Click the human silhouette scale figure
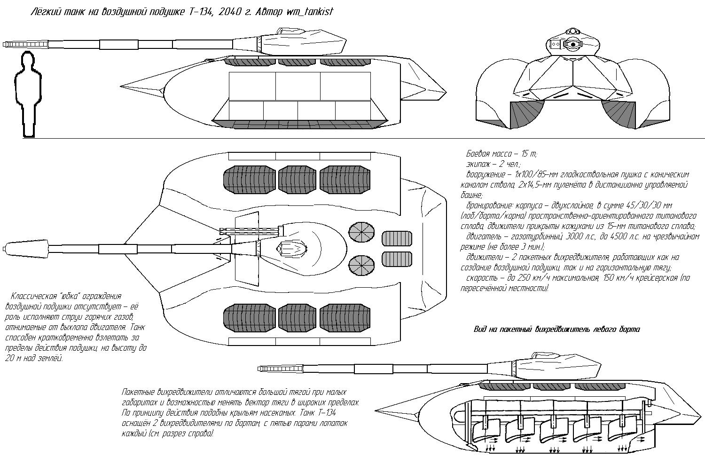point(28,94)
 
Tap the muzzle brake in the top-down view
point(26,248)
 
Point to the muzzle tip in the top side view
point(3,45)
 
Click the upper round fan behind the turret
point(361,233)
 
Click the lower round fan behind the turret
point(361,265)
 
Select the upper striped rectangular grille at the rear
point(397,238)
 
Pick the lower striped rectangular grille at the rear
point(397,259)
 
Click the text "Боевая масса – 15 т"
point(501,154)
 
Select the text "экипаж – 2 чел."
point(493,164)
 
